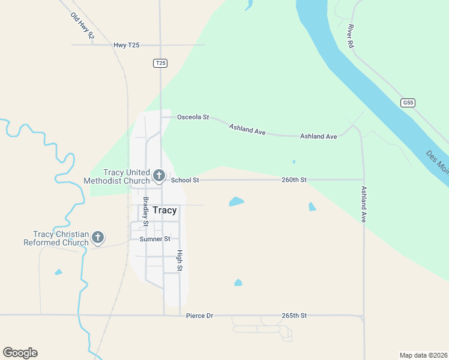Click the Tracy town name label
coord(164,210)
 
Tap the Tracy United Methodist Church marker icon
coord(158,176)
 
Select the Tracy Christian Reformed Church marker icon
coord(98,238)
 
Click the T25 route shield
coord(160,63)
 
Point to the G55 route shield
coord(408,103)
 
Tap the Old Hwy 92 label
coord(82,26)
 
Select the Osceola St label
coord(193,117)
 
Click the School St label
coord(185,179)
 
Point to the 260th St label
coord(295,179)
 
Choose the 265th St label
coord(294,315)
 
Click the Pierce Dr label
coord(199,315)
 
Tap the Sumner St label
coord(155,239)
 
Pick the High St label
coord(179,259)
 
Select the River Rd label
coord(349,35)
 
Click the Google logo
coord(20,352)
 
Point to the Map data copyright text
coord(423,355)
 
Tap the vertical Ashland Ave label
coord(363,204)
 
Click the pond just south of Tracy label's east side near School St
coord(237,202)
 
